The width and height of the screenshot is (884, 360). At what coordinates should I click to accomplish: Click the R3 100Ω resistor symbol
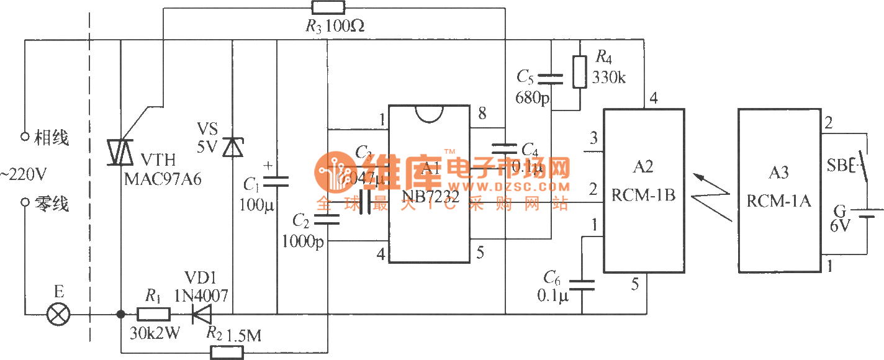tap(327, 8)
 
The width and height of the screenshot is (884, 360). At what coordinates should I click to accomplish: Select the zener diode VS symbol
tap(233, 148)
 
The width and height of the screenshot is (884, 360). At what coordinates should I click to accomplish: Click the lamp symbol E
tap(60, 314)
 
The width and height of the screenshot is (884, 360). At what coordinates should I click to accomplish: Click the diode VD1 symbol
tap(202, 314)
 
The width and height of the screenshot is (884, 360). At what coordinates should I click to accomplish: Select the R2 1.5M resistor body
tap(227, 353)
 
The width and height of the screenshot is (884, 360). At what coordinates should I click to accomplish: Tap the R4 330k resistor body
tap(579, 71)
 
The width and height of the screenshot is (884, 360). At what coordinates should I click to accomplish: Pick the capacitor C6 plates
tap(582, 285)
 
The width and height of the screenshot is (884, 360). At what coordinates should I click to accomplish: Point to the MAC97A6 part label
tap(163, 179)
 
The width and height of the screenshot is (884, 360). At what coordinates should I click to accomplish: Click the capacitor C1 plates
tap(277, 181)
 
